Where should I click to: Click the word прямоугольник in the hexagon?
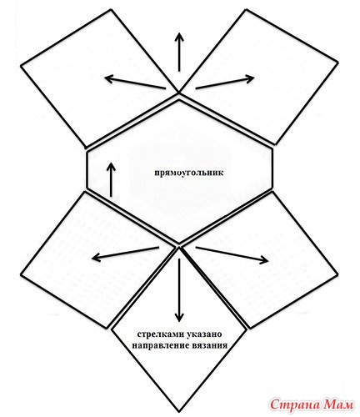tap(189, 173)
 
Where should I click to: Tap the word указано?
tap(204, 334)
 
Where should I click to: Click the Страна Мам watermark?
tap(312, 404)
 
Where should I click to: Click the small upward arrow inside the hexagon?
tap(112, 180)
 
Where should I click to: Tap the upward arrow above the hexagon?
tap(179, 52)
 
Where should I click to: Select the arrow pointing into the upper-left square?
tap(135, 83)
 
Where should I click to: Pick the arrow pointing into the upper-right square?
tap(225, 83)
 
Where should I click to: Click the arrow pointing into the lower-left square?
tap(125, 253)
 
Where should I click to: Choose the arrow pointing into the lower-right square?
tap(232, 254)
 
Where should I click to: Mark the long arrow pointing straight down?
tap(179, 290)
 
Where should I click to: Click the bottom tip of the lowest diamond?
tap(179, 412)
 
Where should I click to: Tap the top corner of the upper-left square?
tap(112, 10)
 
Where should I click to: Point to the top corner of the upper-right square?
tap(247, 10)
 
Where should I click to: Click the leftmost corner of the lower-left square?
tap(21, 275)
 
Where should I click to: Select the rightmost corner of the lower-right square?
tap(337, 275)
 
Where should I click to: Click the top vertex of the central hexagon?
tap(179, 100)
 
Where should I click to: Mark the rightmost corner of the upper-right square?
tap(337, 63)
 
